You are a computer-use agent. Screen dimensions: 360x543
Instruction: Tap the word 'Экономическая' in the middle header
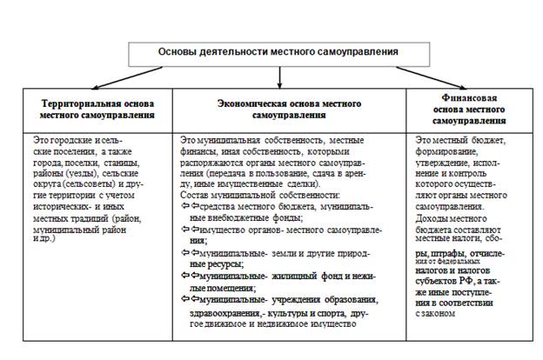coord(253,102)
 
